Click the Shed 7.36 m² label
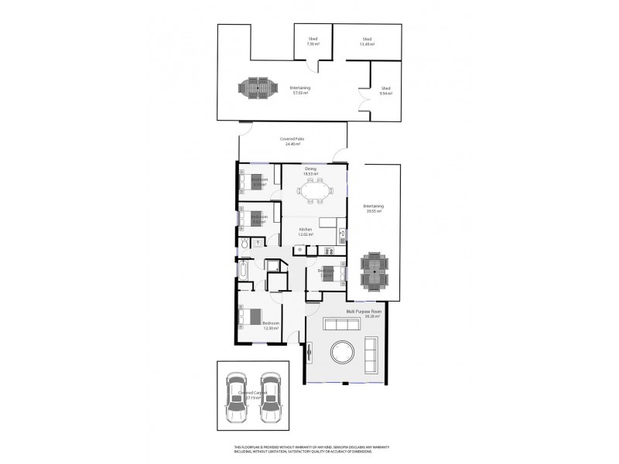[313, 42]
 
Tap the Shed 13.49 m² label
[367, 42]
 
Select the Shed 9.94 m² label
[385, 91]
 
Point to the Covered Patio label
[292, 142]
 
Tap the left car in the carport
[237, 397]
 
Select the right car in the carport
[269, 397]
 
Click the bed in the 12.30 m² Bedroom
[252, 317]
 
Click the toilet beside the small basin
[245, 244]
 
